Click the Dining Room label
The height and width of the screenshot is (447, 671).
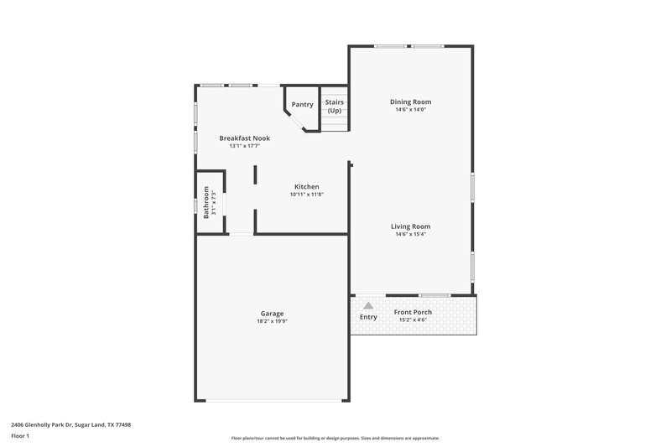pyautogui.click(x=410, y=102)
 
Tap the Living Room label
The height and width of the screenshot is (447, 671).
pyautogui.click(x=410, y=226)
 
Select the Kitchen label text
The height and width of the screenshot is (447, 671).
pyautogui.click(x=306, y=186)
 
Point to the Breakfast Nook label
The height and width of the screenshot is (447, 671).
pyautogui.click(x=244, y=138)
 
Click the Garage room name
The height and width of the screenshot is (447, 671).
pyautogui.click(x=272, y=313)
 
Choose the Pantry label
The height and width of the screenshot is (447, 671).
pyautogui.click(x=302, y=105)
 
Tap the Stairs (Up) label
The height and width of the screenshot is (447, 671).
pyautogui.click(x=335, y=106)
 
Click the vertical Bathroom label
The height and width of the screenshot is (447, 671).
pyautogui.click(x=205, y=202)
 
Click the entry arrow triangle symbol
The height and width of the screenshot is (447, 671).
pyautogui.click(x=367, y=306)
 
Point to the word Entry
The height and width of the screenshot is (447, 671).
pyautogui.click(x=368, y=317)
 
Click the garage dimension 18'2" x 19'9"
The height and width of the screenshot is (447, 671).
pyautogui.click(x=272, y=320)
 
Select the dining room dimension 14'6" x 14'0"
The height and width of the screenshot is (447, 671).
pyautogui.click(x=410, y=110)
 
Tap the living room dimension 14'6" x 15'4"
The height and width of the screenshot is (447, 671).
pyautogui.click(x=410, y=233)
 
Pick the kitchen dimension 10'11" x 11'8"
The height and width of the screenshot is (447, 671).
pyautogui.click(x=306, y=194)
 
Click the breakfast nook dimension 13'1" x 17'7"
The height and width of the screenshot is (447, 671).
pyautogui.click(x=244, y=146)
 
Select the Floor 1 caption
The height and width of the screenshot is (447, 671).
pyautogui.click(x=21, y=436)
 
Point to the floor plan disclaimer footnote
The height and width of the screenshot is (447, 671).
pyautogui.click(x=335, y=438)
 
